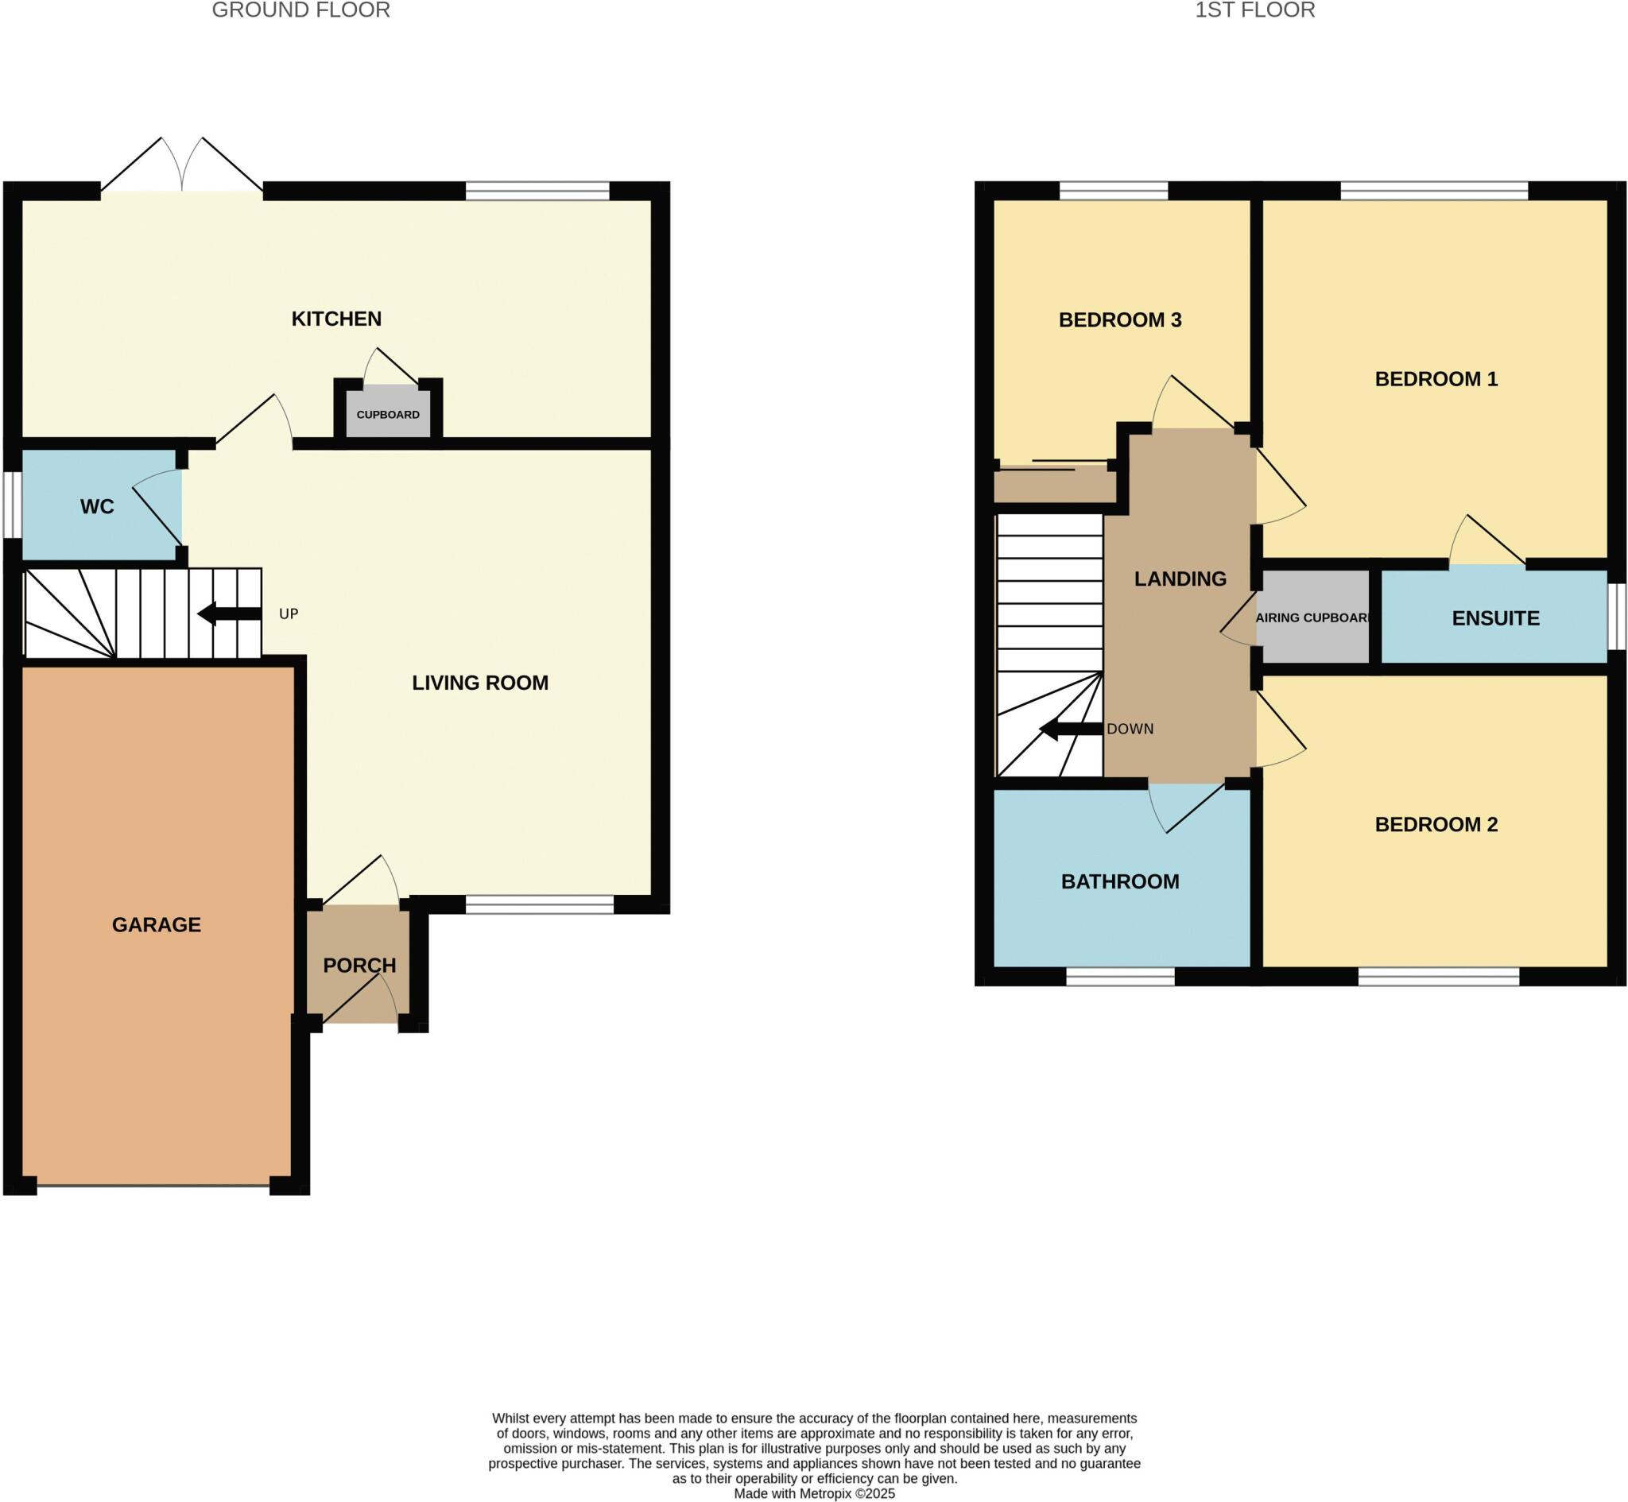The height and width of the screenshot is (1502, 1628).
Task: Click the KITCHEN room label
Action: pos(336,319)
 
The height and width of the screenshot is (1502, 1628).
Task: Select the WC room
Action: pos(97,506)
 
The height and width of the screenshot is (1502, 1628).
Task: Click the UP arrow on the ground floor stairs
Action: pos(229,614)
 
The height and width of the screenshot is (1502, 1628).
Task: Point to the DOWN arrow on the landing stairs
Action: pos(1071,729)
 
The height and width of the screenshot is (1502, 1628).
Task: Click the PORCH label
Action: pos(359,966)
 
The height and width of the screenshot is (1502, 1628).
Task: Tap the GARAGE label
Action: pos(156,924)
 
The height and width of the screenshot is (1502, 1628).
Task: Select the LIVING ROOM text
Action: pos(479,683)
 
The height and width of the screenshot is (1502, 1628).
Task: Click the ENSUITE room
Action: pos(1494,617)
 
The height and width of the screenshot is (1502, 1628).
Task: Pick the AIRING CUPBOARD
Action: pos(1312,617)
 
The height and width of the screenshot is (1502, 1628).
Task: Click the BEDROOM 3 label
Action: pos(1119,320)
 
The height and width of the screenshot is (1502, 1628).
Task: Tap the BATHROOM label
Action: pos(1119,881)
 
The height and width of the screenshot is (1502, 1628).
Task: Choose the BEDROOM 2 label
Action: pos(1436,824)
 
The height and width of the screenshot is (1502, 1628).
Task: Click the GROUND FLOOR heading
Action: pos(300,10)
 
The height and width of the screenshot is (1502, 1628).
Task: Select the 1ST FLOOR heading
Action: pos(1254,10)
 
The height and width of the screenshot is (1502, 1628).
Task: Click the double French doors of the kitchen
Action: pos(182,167)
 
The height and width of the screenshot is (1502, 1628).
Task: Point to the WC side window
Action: pos(11,505)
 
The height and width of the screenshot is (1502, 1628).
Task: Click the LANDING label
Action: pos(1180,579)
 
